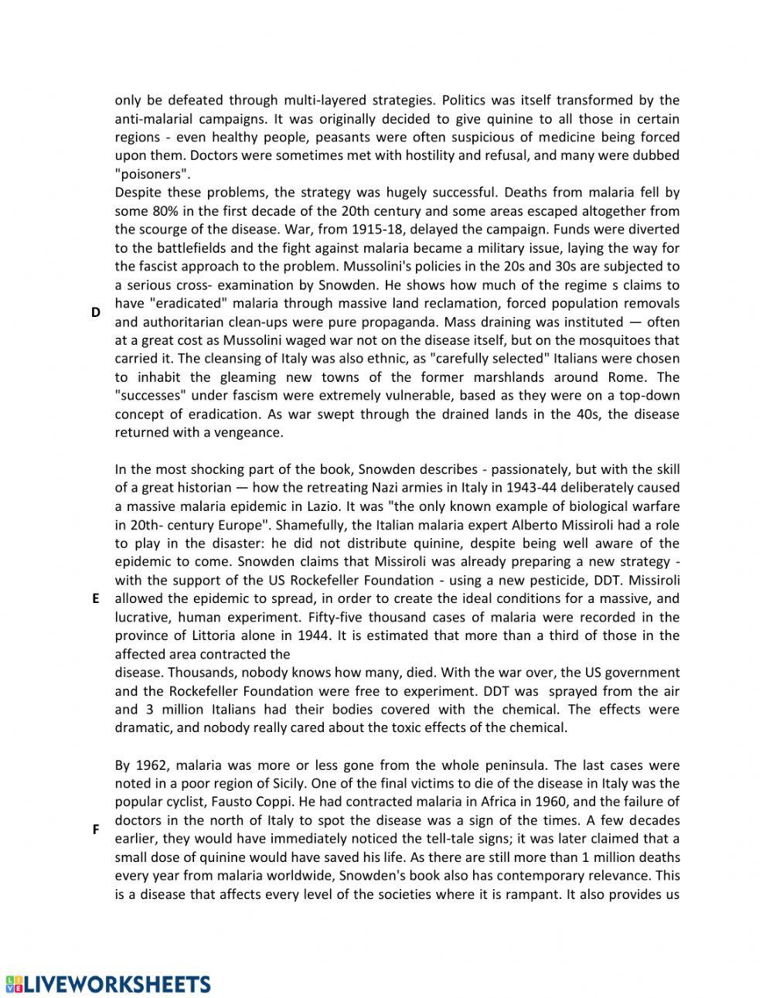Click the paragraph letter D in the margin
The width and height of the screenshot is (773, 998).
click(96, 312)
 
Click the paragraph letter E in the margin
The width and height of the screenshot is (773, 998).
click(96, 598)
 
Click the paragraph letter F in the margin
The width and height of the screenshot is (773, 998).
click(96, 829)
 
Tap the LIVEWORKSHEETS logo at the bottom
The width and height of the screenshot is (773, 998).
click(107, 983)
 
